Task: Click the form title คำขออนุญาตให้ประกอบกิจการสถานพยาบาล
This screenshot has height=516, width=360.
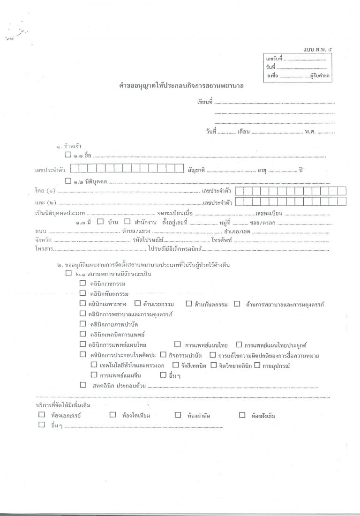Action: click(182, 86)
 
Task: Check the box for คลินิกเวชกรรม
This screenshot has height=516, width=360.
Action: click(82, 283)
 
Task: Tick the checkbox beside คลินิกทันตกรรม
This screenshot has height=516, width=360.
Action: click(82, 293)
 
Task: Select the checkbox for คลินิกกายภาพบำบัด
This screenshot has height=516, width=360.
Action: click(82, 324)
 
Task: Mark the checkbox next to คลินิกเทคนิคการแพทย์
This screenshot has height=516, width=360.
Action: click(82, 334)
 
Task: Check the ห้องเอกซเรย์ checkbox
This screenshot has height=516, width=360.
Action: click(42, 415)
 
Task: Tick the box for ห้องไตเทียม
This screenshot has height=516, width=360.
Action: click(112, 415)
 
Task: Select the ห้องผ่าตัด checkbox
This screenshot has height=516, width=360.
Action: click(178, 415)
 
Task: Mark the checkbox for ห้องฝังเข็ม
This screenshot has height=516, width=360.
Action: click(242, 415)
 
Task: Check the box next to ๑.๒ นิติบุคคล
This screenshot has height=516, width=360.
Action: click(68, 180)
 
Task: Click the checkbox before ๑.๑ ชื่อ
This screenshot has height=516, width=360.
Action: click(68, 154)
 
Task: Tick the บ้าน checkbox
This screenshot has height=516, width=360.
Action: click(100, 222)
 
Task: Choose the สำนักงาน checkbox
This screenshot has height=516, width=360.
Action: click(127, 222)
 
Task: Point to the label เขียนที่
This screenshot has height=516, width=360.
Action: click(205, 101)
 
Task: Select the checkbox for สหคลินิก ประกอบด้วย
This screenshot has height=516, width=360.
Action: click(83, 385)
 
